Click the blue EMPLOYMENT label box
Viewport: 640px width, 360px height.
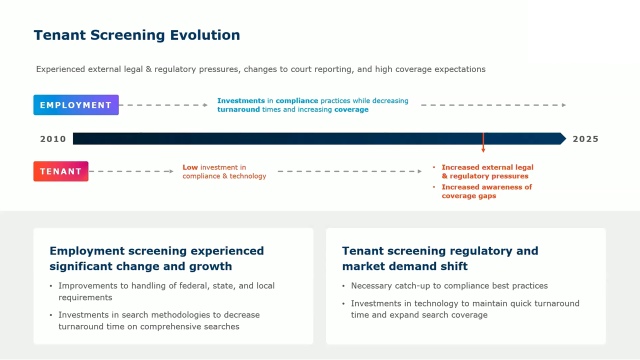click(x=76, y=105)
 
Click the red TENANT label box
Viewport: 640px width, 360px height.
click(x=61, y=171)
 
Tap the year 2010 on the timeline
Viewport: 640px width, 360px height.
click(x=53, y=139)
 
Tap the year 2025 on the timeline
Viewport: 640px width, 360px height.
click(x=585, y=139)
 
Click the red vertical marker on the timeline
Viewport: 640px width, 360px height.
click(x=483, y=142)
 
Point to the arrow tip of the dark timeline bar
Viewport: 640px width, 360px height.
click(x=565, y=138)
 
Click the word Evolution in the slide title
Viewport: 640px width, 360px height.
click(x=205, y=35)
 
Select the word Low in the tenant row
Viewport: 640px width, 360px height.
click(x=190, y=167)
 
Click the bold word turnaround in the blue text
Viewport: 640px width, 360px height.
click(x=238, y=109)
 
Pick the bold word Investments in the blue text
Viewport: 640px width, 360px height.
click(x=241, y=100)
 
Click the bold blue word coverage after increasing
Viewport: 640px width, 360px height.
click(x=351, y=109)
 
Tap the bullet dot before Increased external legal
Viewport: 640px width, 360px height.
click(x=434, y=167)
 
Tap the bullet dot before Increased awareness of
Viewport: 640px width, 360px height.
click(x=434, y=187)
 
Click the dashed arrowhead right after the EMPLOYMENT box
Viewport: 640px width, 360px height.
click(x=205, y=105)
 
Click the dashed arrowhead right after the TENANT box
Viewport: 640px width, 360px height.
click(x=171, y=171)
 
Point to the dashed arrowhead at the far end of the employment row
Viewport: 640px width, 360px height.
click(x=563, y=105)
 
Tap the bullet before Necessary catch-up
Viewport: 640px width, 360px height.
click(x=343, y=286)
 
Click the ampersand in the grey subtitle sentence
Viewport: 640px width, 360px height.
click(x=148, y=69)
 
